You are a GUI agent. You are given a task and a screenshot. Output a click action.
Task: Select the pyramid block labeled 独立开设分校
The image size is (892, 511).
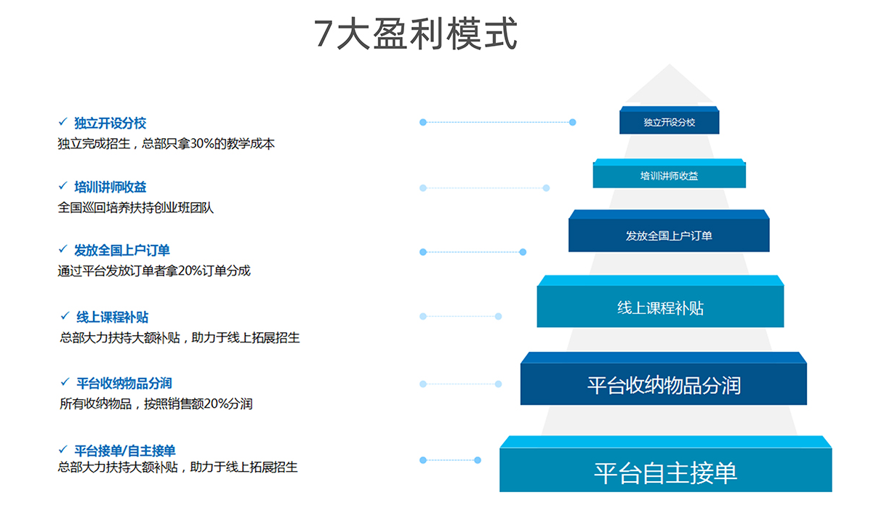tap(669, 122)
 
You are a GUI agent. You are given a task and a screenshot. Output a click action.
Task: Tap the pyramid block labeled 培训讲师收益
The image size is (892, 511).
tap(669, 176)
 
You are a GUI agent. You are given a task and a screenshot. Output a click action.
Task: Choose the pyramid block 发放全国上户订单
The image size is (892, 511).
tap(669, 236)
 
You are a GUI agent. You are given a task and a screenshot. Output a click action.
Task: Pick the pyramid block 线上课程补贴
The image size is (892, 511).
tap(660, 307)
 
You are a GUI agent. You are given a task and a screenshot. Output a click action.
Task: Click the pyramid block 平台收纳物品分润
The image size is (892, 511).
tap(663, 385)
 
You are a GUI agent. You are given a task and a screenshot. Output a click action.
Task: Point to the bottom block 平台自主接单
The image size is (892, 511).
tap(665, 472)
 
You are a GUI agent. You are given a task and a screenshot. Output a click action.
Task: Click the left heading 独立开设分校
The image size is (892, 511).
tap(110, 123)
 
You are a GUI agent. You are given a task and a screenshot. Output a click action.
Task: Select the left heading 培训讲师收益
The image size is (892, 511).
tap(110, 187)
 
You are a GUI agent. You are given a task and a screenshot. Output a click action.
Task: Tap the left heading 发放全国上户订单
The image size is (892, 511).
tap(121, 251)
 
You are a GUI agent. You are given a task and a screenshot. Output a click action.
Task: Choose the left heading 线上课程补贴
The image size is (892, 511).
tap(113, 317)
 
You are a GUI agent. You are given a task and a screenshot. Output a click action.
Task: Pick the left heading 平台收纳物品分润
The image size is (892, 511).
tap(124, 383)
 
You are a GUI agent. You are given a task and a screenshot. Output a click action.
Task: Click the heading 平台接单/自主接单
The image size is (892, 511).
tap(125, 451)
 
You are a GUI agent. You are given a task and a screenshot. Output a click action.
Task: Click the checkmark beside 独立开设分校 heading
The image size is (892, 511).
tap(63, 122)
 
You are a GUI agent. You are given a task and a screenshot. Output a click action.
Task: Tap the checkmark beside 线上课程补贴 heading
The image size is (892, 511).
tap(65, 316)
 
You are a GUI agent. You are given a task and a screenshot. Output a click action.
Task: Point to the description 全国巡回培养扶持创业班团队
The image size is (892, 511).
tap(136, 208)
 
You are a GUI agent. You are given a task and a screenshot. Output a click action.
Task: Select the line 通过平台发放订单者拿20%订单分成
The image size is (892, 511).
tap(154, 271)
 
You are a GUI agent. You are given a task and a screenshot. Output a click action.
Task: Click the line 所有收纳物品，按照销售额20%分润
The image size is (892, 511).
tap(156, 403)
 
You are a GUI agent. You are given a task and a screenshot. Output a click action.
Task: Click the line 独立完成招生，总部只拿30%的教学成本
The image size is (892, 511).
tap(166, 144)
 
